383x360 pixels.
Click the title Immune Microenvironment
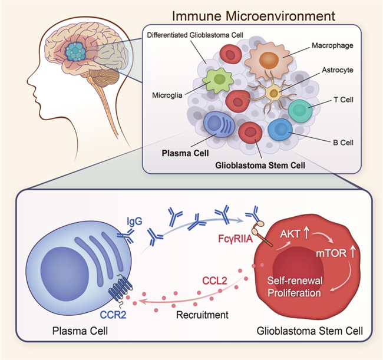(253, 16)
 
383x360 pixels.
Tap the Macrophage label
(332, 45)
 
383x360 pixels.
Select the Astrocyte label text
(337, 70)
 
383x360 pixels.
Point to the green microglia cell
(217, 80)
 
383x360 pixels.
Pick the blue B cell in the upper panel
(280, 130)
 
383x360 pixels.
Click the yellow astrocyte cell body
(273, 93)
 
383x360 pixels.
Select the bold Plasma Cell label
(186, 153)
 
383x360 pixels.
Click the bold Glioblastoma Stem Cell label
(260, 166)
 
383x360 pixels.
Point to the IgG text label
(134, 222)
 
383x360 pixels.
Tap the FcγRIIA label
(235, 239)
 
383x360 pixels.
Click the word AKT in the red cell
(290, 234)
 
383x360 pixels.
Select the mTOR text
(331, 253)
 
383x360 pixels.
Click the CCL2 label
(214, 280)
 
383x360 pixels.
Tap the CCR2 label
(113, 315)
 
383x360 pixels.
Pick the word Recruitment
(202, 315)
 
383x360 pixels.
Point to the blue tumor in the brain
(75, 52)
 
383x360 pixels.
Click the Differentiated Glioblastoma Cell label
(195, 35)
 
